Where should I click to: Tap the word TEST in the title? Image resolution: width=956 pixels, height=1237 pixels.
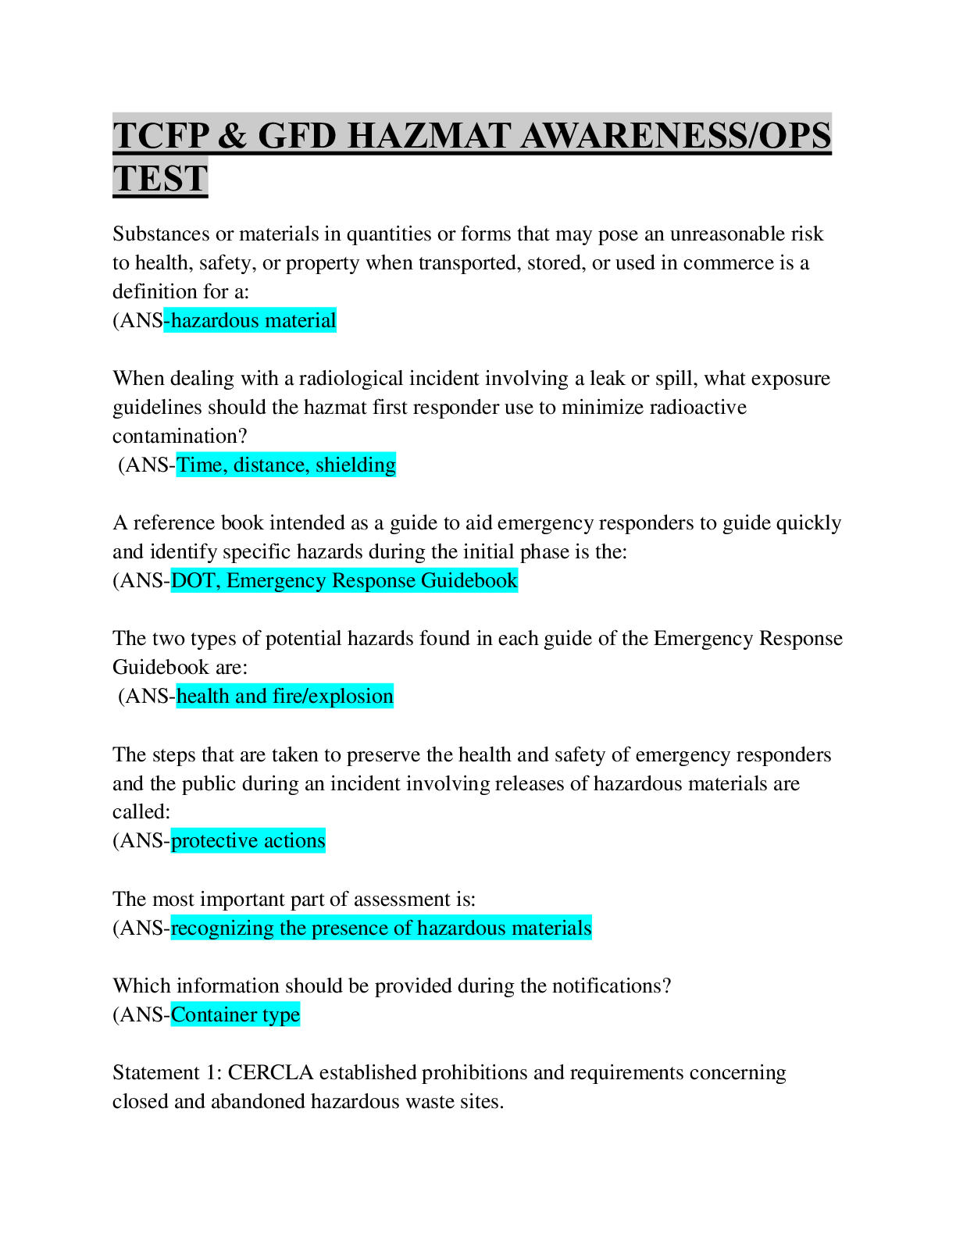[x=160, y=177]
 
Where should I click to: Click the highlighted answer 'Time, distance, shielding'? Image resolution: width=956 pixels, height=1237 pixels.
[x=286, y=465]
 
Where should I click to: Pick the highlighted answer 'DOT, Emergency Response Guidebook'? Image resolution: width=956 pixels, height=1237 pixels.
[x=344, y=580]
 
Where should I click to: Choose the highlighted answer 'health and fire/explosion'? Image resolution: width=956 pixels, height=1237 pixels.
[x=285, y=696]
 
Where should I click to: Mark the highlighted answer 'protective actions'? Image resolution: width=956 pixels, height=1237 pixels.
[x=248, y=840]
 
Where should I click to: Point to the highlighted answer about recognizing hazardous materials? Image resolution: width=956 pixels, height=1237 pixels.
[x=380, y=928]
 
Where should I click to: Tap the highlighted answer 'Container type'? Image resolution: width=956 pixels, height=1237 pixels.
[x=235, y=1014]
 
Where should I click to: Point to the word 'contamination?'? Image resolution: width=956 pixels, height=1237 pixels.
[x=180, y=436]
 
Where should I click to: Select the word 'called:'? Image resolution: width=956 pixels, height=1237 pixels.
[x=141, y=812]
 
